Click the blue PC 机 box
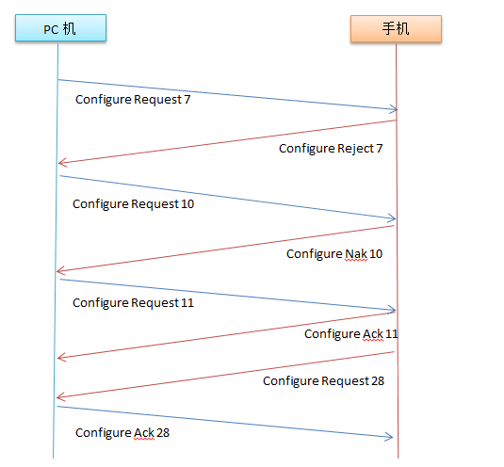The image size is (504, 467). point(60,27)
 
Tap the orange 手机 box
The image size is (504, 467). point(396,28)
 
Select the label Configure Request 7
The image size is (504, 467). point(133,100)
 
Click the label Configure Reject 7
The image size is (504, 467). point(331,149)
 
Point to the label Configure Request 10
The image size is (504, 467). point(134,204)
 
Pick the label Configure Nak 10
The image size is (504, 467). point(334,254)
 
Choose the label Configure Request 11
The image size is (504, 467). point(134,303)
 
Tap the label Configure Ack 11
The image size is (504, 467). point(351,334)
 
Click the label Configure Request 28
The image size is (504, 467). point(323,381)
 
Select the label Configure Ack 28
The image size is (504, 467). point(122,433)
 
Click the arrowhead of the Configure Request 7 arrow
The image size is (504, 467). point(397,109)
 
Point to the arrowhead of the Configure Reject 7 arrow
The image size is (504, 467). point(58,163)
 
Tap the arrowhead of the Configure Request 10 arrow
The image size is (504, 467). point(395,218)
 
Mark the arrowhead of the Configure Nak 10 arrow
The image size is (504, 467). point(57,271)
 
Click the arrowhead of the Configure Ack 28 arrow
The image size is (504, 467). point(393,437)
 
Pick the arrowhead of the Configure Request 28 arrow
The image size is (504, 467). point(57,397)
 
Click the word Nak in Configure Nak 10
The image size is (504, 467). point(356,254)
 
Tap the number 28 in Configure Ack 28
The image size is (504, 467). point(163,432)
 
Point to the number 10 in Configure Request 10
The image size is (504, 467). point(187,204)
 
